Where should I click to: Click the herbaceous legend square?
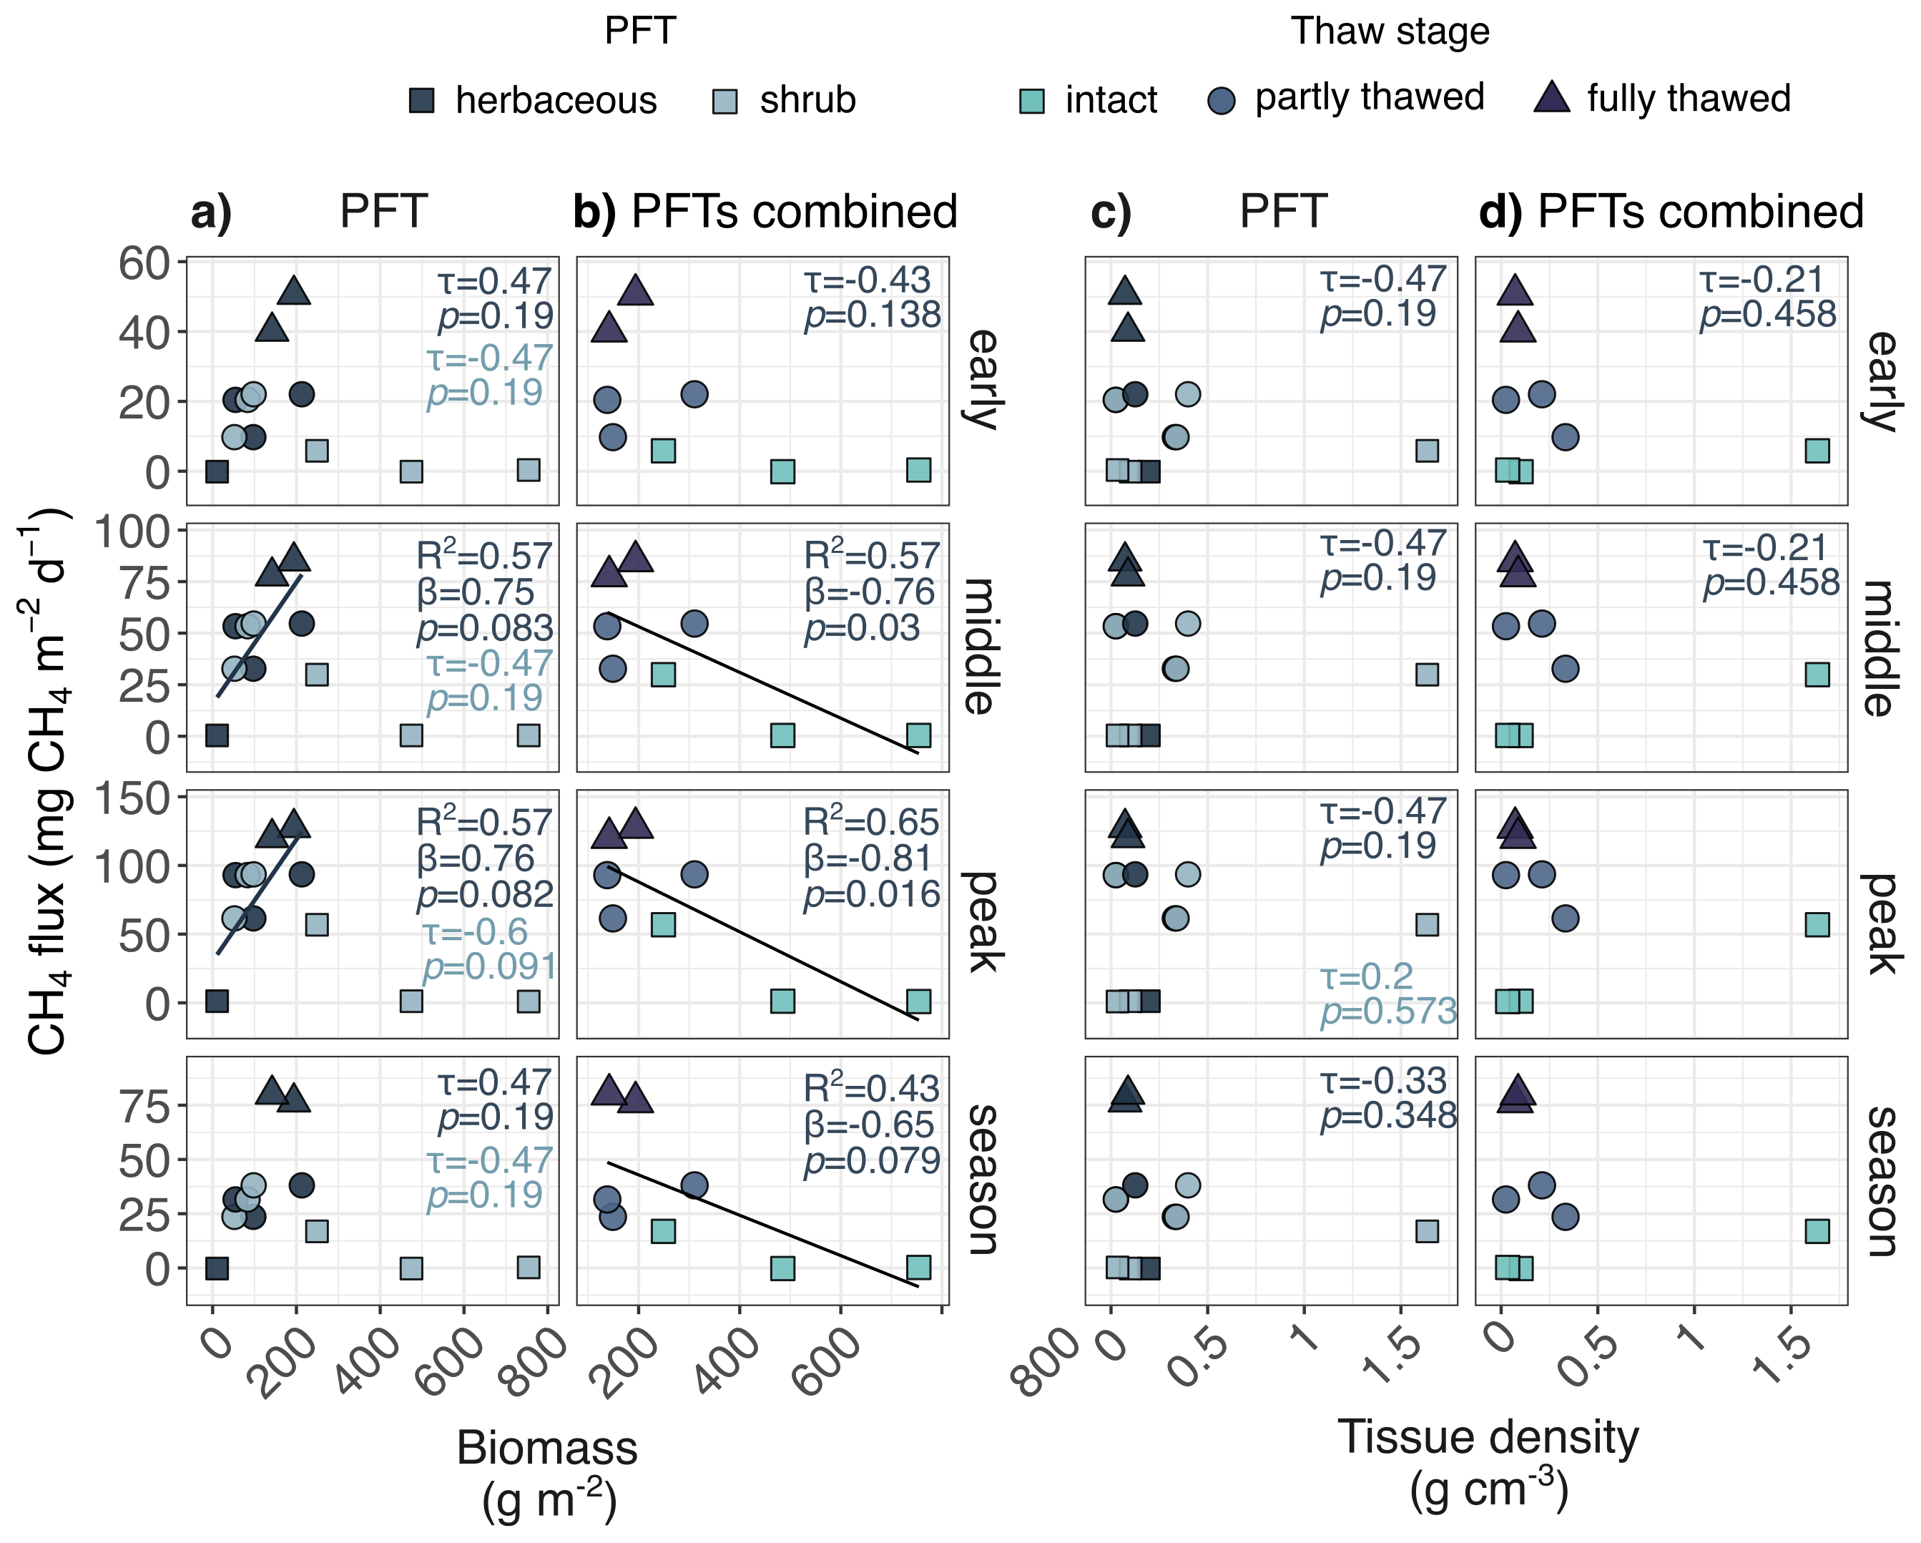coord(421,101)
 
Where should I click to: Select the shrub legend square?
coord(726,101)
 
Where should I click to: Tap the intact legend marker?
coord(1032,101)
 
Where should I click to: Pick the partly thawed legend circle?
coord(1222,101)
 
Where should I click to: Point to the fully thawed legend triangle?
coord(1552,98)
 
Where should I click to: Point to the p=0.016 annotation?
coord(871,895)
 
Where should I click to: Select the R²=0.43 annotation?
coord(871,1087)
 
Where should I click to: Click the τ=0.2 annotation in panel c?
coord(1366,976)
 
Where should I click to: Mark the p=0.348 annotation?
coord(1388,1115)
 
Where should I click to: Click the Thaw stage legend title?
coord(1390,32)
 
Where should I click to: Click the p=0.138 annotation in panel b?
coord(873,315)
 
